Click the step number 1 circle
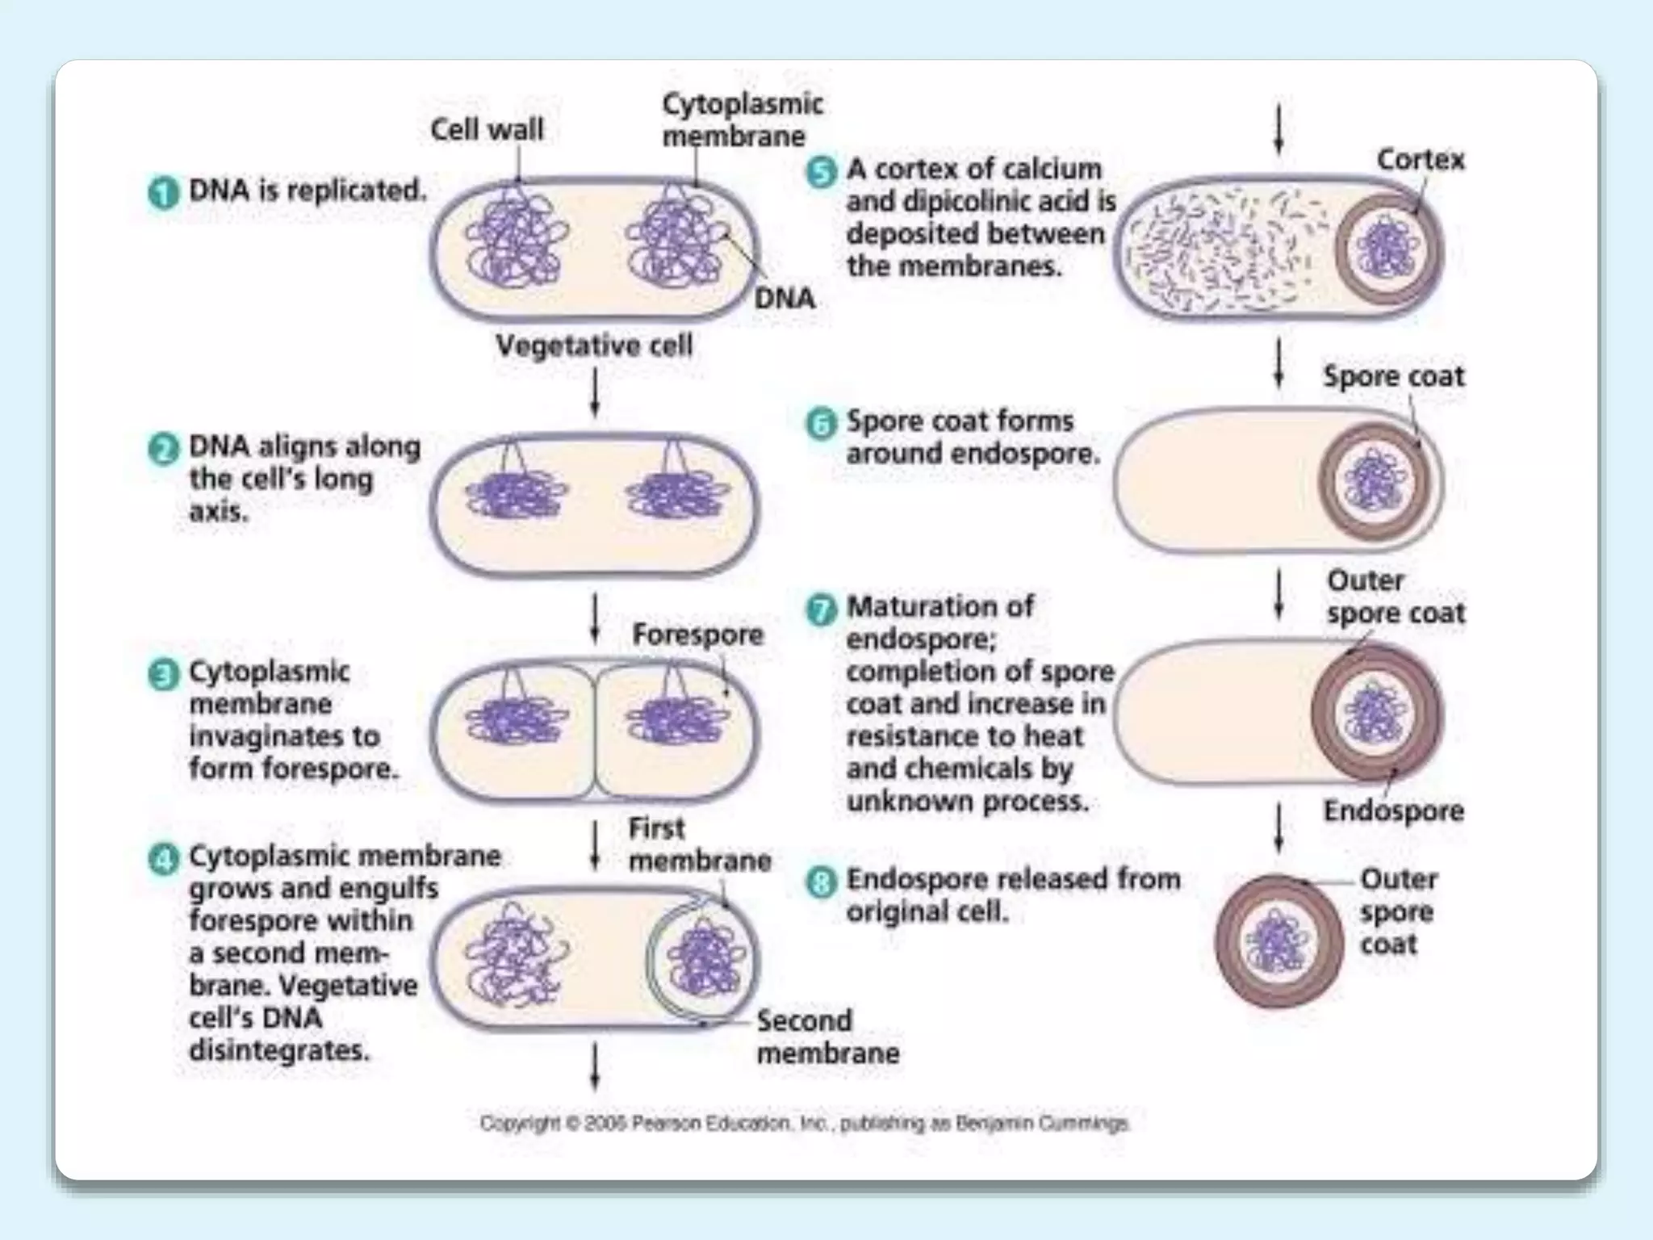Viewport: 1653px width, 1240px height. [163, 194]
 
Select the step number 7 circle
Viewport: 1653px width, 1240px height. [821, 610]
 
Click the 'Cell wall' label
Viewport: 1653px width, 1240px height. [487, 129]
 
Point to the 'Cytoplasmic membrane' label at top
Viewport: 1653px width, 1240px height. [741, 119]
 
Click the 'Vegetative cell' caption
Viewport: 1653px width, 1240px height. [594, 346]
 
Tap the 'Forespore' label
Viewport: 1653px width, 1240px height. [697, 635]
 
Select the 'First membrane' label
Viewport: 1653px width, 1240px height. [699, 844]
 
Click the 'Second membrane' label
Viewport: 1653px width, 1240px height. [827, 1037]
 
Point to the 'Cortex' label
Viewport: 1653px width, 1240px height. [1420, 160]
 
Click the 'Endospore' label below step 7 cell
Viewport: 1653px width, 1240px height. [1393, 811]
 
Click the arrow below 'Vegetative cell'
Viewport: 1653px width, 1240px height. [595, 392]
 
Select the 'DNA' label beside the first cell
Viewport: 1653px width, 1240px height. [784, 299]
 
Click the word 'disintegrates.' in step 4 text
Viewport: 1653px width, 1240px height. [279, 1050]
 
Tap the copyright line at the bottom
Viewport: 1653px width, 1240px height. [804, 1123]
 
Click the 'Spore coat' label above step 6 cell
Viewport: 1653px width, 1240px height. [1393, 376]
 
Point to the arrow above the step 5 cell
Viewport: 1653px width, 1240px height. [1278, 129]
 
